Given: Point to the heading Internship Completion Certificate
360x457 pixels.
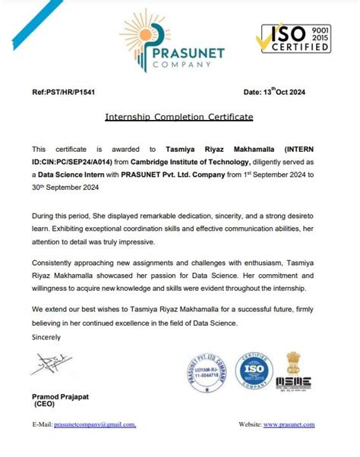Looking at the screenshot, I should coord(179,118).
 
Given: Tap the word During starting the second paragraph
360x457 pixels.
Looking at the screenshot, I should coord(45,216).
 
